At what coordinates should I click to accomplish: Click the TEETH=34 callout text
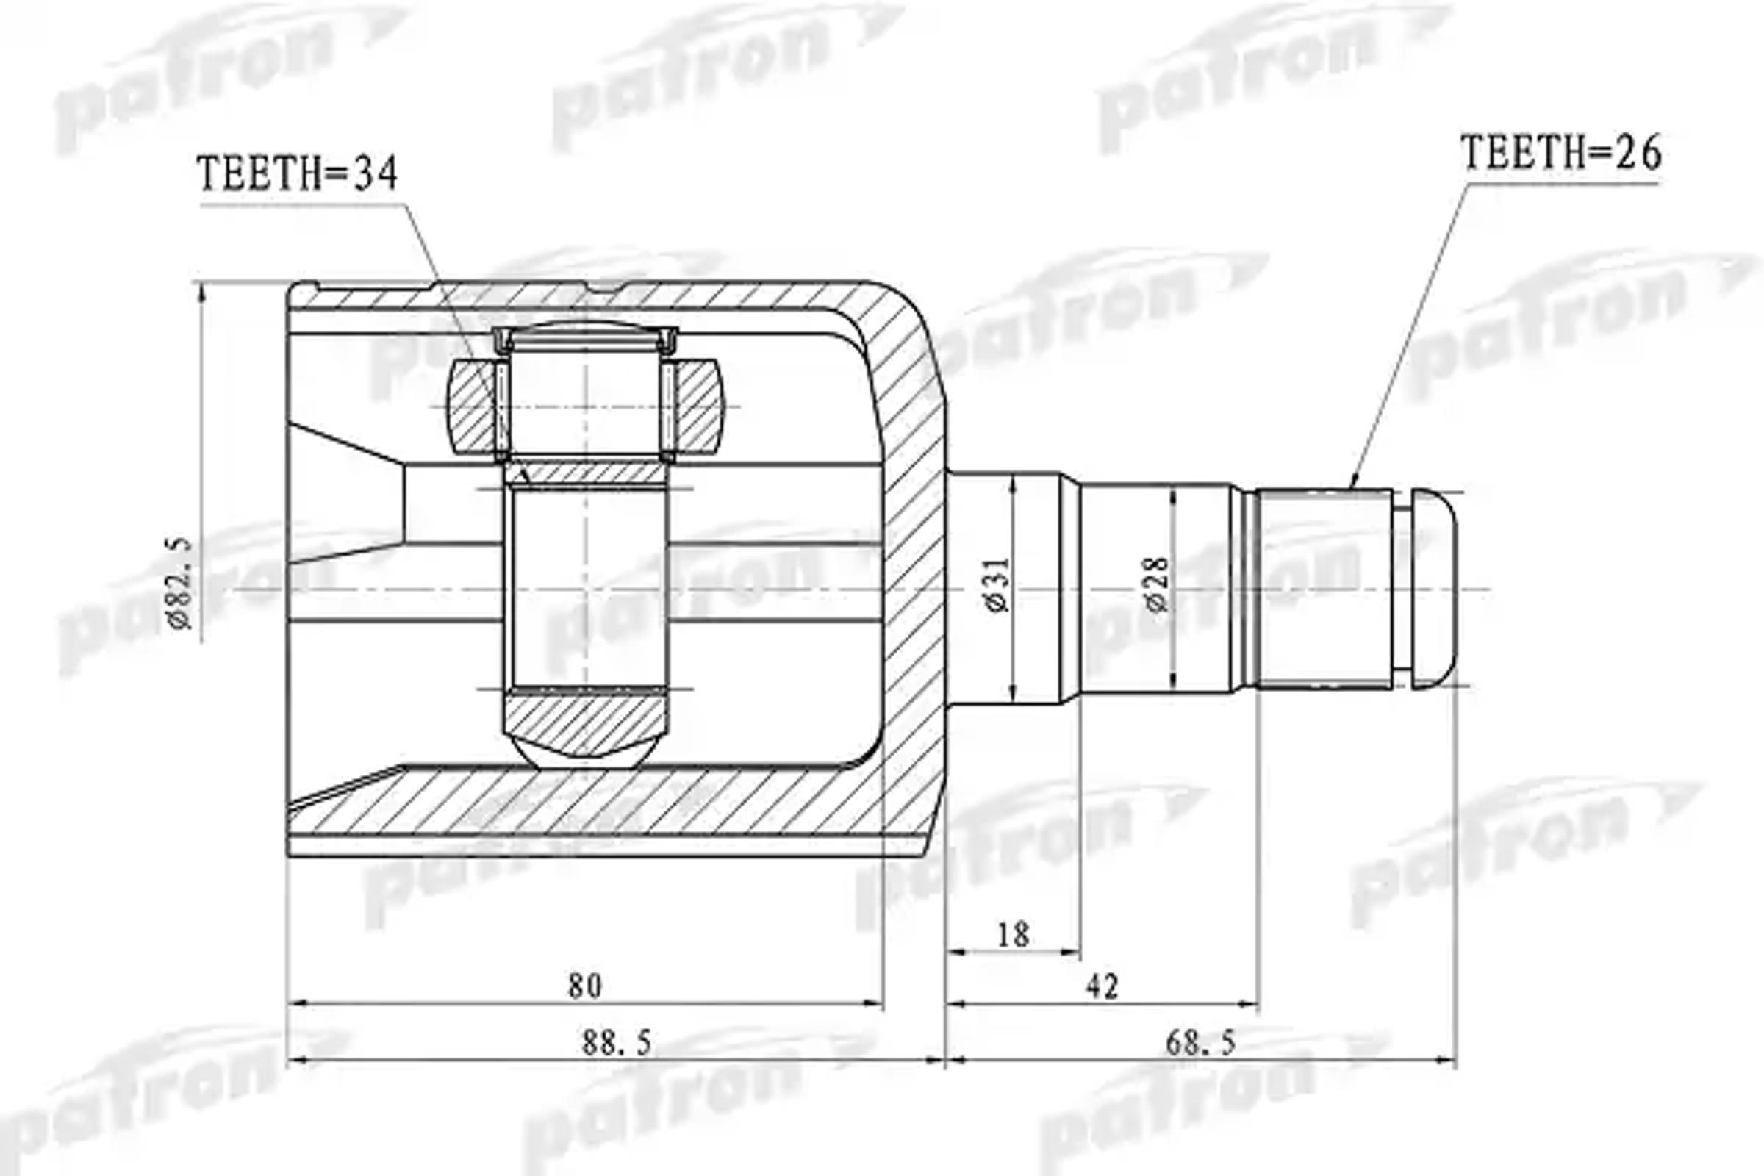(x=297, y=175)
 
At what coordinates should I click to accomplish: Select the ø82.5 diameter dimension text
(x=181, y=584)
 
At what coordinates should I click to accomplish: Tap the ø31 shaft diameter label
(x=998, y=586)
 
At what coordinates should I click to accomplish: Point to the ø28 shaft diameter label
(x=1157, y=584)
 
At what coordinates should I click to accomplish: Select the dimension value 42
(x=1102, y=986)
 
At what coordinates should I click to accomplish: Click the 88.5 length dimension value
(x=617, y=1042)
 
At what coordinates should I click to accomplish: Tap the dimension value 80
(x=584, y=986)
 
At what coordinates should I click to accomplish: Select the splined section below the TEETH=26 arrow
(x=1324, y=588)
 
